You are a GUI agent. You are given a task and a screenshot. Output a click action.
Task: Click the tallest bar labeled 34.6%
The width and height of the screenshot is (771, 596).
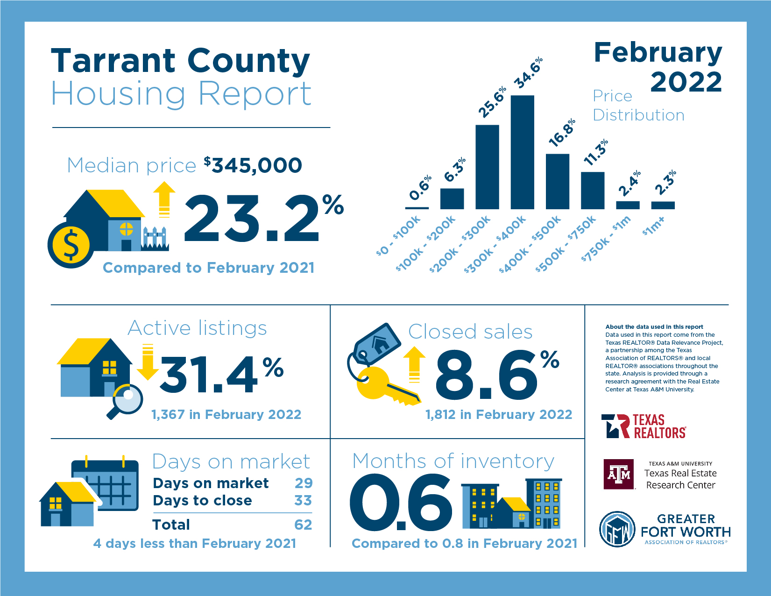522,152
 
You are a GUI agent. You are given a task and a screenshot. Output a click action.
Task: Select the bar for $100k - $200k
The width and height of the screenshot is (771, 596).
452,199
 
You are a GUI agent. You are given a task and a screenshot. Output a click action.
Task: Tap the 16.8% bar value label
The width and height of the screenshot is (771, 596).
562,133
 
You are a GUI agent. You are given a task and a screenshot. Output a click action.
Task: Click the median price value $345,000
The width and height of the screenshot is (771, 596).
253,165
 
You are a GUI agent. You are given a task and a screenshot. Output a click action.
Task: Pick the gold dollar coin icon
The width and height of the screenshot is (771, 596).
71,245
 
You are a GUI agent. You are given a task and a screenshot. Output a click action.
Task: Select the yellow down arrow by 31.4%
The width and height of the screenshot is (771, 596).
148,362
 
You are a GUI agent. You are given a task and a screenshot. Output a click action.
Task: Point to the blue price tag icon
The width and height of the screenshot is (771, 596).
377,344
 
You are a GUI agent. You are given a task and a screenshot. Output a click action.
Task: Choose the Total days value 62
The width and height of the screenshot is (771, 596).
303,525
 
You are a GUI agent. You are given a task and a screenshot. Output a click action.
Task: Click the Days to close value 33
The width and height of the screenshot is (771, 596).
303,500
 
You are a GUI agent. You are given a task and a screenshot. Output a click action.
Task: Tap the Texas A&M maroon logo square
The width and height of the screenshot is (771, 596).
619,474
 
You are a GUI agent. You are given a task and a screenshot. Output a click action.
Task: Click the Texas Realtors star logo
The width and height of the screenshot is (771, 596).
615,426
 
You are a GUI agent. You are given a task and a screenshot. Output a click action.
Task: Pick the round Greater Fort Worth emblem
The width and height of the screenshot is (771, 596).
617,529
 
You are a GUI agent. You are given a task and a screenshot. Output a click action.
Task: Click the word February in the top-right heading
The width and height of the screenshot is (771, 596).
658,53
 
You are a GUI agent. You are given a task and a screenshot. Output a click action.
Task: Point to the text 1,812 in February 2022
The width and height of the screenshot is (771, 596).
498,415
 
